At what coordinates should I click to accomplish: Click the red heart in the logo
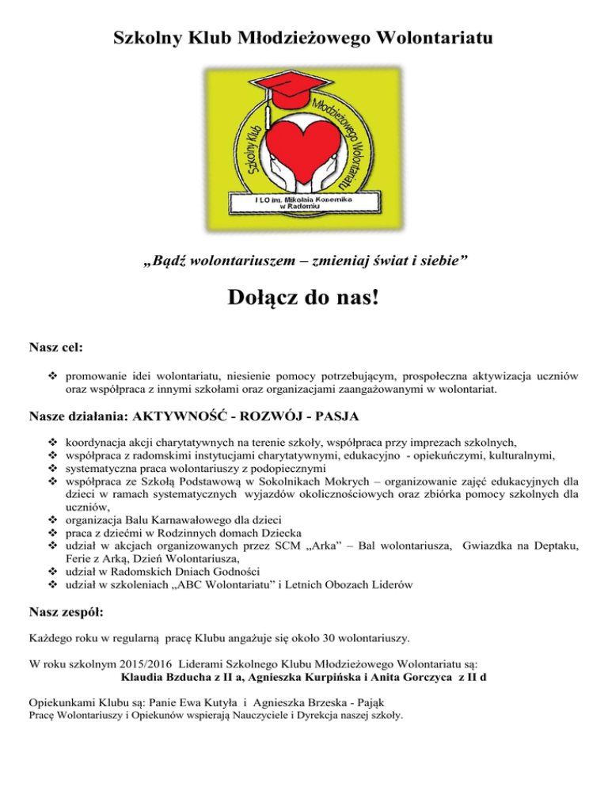coord(304,150)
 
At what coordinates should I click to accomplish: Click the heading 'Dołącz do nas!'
coord(304,301)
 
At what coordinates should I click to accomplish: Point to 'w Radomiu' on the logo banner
coord(304,208)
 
